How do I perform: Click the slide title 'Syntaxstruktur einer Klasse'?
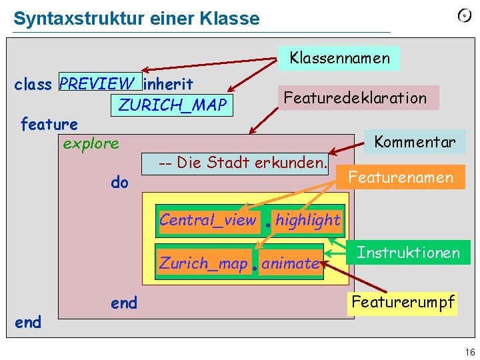(137, 18)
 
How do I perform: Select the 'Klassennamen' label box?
(339, 58)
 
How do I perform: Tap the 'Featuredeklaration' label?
(355, 98)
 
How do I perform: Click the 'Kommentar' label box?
(415, 142)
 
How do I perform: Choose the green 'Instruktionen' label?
(408, 253)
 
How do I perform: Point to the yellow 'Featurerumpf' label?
(403, 301)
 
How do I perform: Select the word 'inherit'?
(169, 84)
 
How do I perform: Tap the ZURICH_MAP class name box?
(172, 105)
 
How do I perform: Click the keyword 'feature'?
(49, 124)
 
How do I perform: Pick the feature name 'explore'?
(91, 143)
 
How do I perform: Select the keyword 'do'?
(119, 182)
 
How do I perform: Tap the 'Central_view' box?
(207, 220)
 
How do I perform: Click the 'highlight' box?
(307, 220)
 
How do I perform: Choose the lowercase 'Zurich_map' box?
(203, 263)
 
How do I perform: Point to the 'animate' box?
(290, 263)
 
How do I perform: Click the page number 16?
(470, 352)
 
